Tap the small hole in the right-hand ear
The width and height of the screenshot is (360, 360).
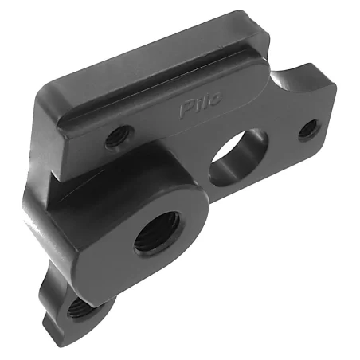(x=308, y=127)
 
